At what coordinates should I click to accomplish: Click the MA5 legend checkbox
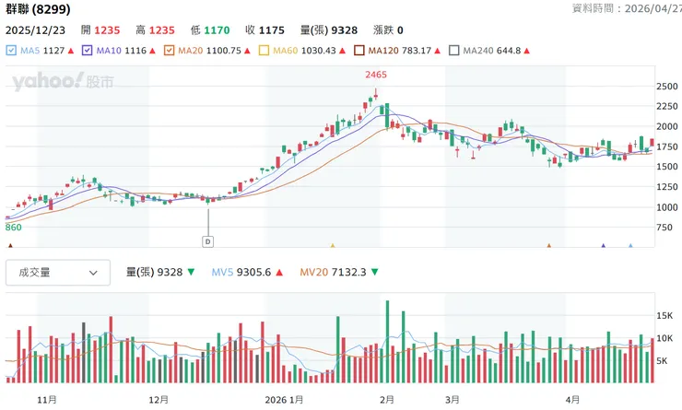pos(11,51)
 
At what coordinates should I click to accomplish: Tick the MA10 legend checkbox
pos(88,51)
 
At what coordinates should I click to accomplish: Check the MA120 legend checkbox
pos(361,51)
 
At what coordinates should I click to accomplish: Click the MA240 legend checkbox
pos(453,51)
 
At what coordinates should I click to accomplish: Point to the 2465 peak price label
pos(375,74)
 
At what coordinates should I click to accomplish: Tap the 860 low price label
pos(13,227)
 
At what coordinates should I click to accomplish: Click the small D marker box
pos(207,241)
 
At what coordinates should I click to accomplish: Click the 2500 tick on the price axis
pos(666,87)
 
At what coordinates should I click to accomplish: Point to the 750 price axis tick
pos(664,228)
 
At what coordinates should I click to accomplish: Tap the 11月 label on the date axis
pos(47,400)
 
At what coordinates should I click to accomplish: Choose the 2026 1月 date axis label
pos(284,400)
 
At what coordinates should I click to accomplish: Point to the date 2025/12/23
pos(36,29)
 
